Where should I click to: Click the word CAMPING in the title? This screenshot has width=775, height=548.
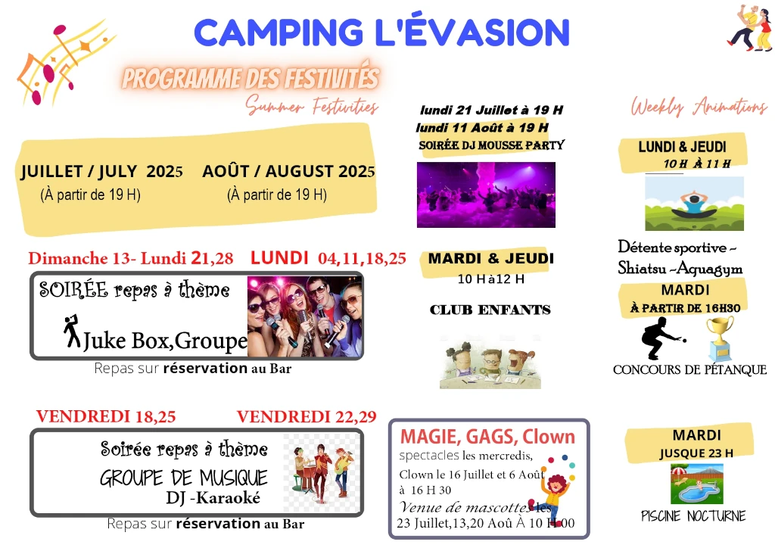(279, 33)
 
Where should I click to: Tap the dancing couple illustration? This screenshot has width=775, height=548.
(750, 28)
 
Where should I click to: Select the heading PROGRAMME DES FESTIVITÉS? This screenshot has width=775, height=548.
(251, 78)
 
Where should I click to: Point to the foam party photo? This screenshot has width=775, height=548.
(486, 195)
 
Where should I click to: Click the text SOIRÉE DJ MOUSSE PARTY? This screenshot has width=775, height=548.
(491, 145)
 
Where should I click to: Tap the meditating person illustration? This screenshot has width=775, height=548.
(695, 203)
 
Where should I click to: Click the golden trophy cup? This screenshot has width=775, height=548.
(720, 338)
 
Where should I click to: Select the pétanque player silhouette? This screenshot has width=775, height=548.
(662, 338)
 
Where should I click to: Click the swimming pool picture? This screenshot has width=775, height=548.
(697, 483)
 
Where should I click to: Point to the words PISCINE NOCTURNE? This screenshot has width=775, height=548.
(693, 516)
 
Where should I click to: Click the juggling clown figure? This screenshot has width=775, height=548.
(551, 492)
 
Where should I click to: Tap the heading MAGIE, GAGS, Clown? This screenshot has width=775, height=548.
(487, 437)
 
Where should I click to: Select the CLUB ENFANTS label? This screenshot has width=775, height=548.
(490, 310)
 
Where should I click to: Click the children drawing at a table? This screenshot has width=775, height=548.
(490, 363)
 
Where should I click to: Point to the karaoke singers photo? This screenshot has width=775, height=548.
(305, 316)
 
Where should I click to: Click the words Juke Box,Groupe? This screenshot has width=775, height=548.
(165, 341)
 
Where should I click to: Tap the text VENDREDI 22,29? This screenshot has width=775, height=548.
(307, 416)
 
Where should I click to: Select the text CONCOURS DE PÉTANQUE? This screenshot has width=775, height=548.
(689, 369)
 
